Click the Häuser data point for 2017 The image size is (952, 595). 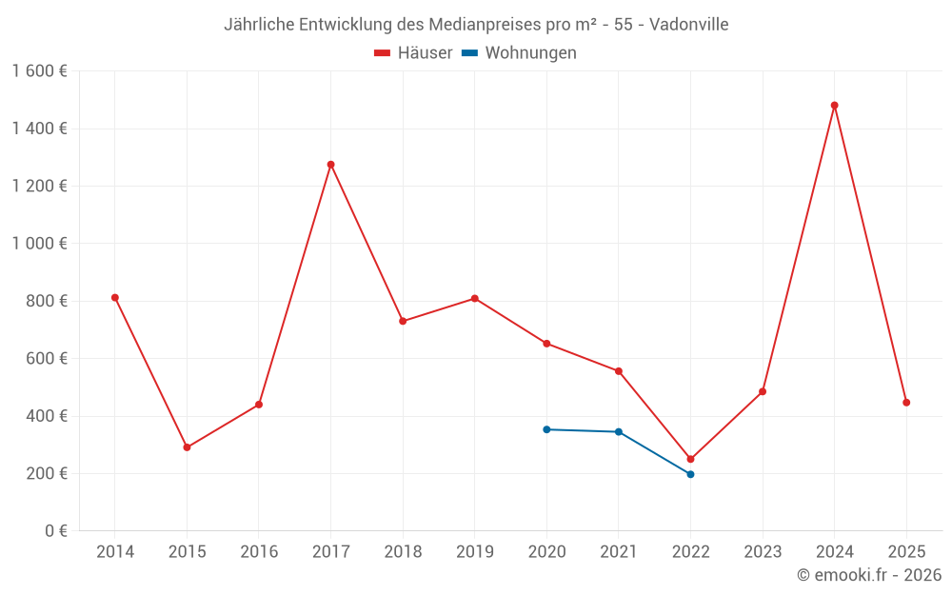(x=330, y=165)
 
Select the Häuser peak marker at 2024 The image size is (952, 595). (x=834, y=106)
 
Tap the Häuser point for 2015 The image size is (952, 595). (x=187, y=447)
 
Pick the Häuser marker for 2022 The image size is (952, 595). (x=690, y=459)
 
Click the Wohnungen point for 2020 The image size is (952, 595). (x=546, y=429)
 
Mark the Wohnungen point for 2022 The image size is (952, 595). (x=690, y=474)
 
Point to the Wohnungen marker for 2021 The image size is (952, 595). (x=619, y=432)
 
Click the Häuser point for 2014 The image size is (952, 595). (x=115, y=298)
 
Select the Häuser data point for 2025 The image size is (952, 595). (x=906, y=403)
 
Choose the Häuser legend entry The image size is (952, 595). (x=413, y=53)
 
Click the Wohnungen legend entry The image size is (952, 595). (x=520, y=53)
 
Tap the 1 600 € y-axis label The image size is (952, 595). (x=39, y=71)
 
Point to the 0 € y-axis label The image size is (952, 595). (x=55, y=531)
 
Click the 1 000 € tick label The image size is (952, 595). (x=39, y=244)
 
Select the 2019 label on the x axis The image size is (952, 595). (x=474, y=552)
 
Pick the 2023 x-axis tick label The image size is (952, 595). (x=763, y=552)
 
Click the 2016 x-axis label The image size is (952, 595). (x=259, y=552)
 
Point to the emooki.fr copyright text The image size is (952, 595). (x=869, y=575)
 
